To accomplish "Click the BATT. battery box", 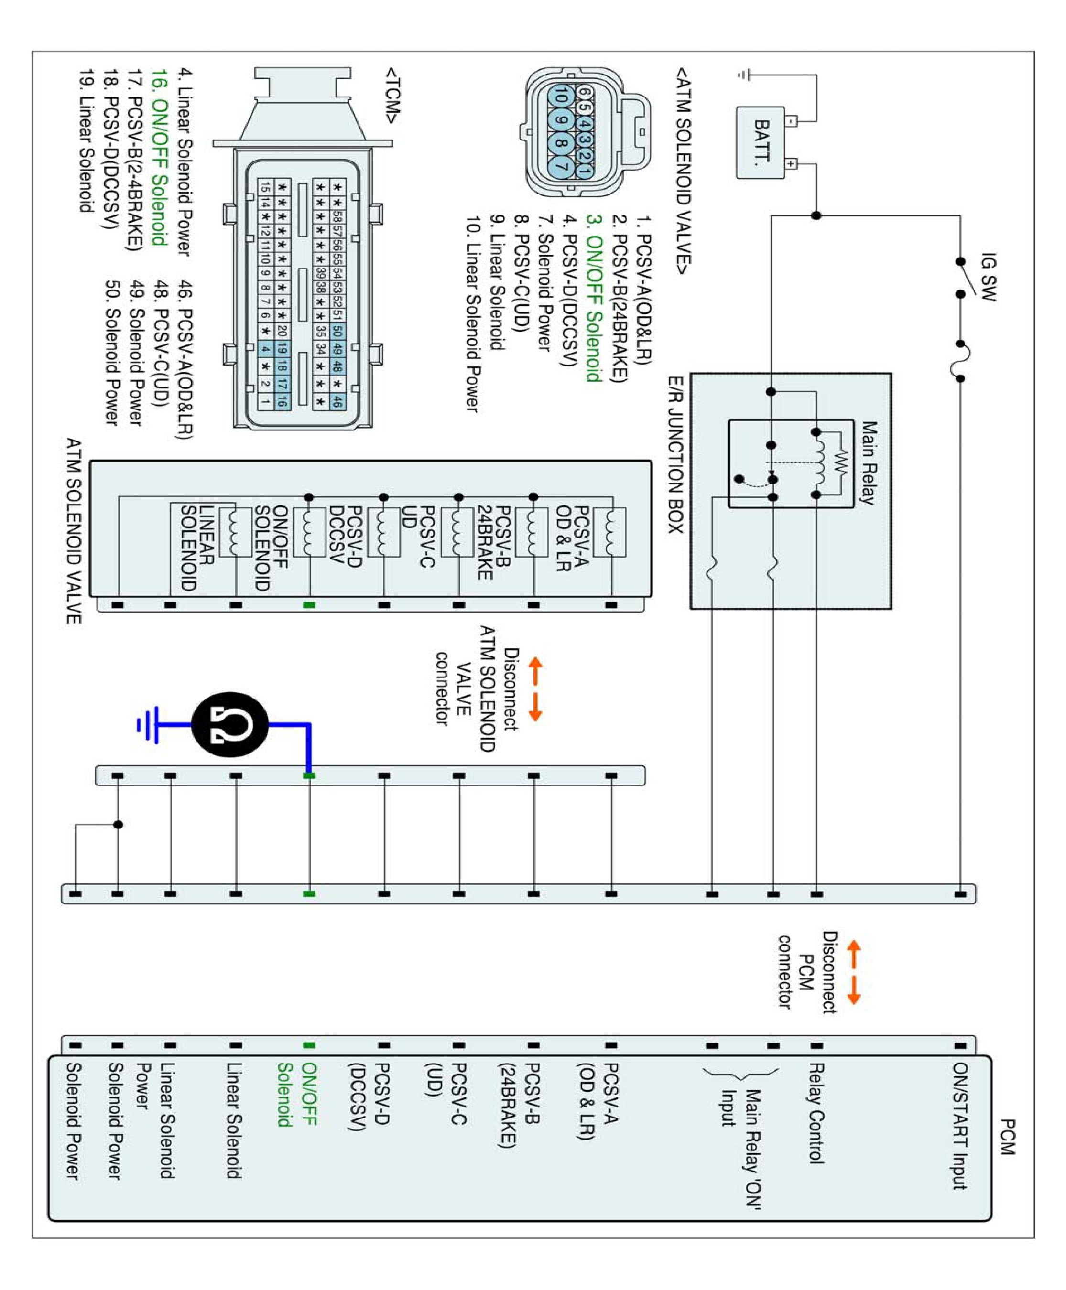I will tap(760, 143).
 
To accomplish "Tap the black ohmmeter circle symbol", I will tap(230, 725).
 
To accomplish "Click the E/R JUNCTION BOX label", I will tap(675, 455).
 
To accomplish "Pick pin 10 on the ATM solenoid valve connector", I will tap(561, 97).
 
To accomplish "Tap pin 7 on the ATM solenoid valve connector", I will tap(561, 164).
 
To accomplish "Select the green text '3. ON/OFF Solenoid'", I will tap(593, 298).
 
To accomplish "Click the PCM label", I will tap(1008, 1137).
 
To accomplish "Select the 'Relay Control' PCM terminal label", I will tap(816, 1113).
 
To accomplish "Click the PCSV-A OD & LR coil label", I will tap(572, 538).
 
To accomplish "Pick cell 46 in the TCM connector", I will tap(337, 402).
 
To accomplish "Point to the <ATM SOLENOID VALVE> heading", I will tap(684, 171).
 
